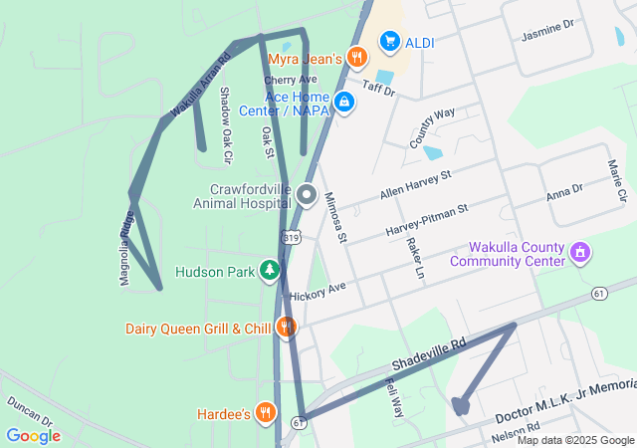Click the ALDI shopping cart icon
[389, 41]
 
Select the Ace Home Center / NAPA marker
[344, 102]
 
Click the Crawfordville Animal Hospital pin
[307, 194]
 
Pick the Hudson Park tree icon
[269, 270]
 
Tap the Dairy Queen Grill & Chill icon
[287, 328]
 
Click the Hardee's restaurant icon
[265, 412]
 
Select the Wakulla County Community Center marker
[581, 254]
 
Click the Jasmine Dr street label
[547, 36]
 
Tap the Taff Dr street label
[379, 89]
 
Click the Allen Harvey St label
[415, 187]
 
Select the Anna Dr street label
[564, 193]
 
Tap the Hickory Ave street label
[318, 292]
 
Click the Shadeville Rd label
[429, 359]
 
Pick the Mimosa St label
[335, 218]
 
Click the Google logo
[34, 435]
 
